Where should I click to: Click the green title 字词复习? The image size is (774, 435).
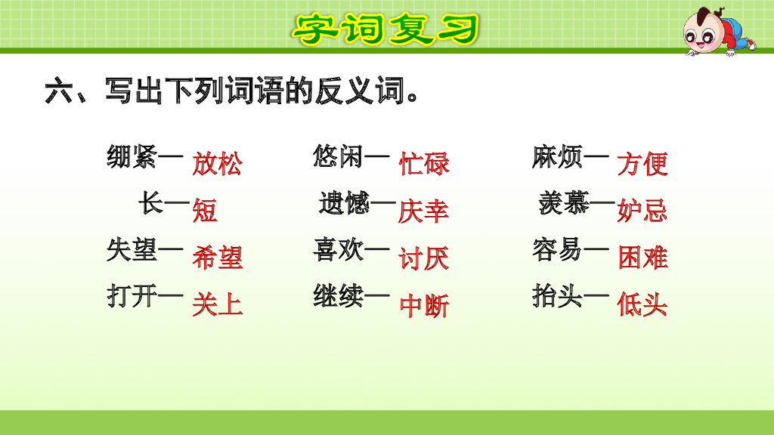[385, 29]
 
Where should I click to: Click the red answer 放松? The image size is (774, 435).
[217, 164]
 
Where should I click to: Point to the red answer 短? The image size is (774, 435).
[204, 210]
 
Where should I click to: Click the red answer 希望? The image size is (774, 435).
[217, 258]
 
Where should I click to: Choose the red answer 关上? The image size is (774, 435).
[217, 305]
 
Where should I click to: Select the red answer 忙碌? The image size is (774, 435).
[424, 164]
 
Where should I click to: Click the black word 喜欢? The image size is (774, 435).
[338, 249]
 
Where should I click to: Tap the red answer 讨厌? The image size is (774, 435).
[424, 258]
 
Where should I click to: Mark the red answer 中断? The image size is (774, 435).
[424, 305]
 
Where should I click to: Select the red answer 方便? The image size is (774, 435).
[642, 164]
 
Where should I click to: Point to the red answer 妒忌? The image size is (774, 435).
[642, 211]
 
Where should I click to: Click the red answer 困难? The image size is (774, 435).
[642, 258]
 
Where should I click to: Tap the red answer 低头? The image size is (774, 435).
[642, 305]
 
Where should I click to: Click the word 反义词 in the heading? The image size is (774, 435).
[355, 93]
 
